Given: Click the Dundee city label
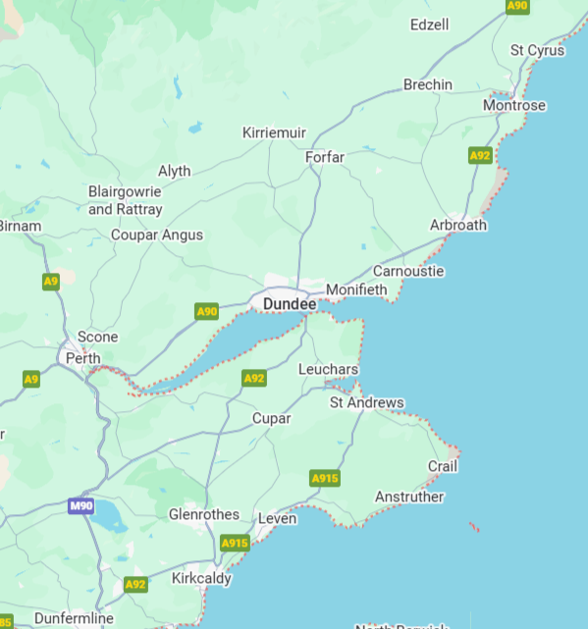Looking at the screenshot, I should point(290,305).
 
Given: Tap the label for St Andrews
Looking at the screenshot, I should point(366,402).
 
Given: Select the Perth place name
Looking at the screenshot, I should point(82,358).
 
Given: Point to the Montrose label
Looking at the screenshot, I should point(513,105).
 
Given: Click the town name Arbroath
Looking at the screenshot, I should point(457,225).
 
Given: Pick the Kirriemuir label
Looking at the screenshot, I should point(275,132).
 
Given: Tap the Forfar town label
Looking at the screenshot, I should point(325,157).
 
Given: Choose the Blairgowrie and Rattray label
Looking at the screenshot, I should point(126,200).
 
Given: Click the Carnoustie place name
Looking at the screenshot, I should point(408,271).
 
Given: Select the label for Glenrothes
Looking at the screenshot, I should point(204,514).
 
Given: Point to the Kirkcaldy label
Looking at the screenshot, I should point(201,578).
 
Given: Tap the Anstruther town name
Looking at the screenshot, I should point(409,497).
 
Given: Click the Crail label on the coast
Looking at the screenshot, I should point(443,466).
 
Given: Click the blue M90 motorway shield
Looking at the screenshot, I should point(81,506).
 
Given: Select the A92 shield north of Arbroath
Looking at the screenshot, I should point(480,155).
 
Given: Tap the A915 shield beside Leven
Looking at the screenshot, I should point(235,543).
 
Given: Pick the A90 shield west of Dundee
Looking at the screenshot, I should point(206,312).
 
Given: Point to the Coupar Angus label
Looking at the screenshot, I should point(157,235).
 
